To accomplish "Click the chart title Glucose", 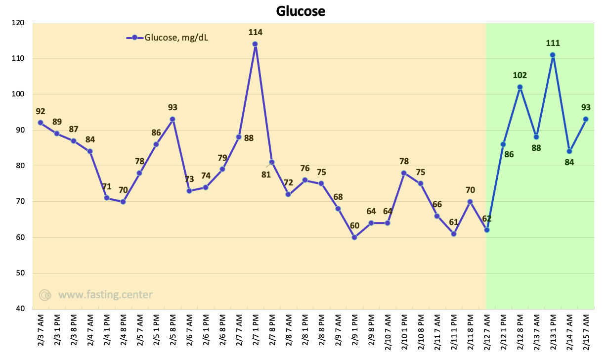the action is (x=301, y=11).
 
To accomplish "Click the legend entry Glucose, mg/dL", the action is (x=167, y=38).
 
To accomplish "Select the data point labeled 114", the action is (x=255, y=44).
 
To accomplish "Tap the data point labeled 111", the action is (x=553, y=55).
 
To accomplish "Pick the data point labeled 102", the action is (x=520, y=87).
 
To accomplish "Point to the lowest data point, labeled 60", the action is (x=354, y=237).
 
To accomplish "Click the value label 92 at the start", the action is (x=41, y=111).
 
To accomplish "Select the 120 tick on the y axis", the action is (x=18, y=23).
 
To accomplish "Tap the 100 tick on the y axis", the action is (x=18, y=94).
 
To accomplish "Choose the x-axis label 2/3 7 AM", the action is (x=41, y=330).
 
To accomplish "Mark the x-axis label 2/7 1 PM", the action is (x=256, y=330).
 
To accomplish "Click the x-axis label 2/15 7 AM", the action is (x=586, y=332).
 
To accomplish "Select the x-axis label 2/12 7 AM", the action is (x=487, y=332).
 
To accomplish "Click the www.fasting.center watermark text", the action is (x=105, y=295).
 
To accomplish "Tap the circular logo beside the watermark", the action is (x=45, y=295).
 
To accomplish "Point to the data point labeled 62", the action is (x=487, y=230).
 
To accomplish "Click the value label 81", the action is (x=266, y=175).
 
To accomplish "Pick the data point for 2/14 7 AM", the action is (x=569, y=151).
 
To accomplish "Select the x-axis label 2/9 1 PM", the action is (x=355, y=330).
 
